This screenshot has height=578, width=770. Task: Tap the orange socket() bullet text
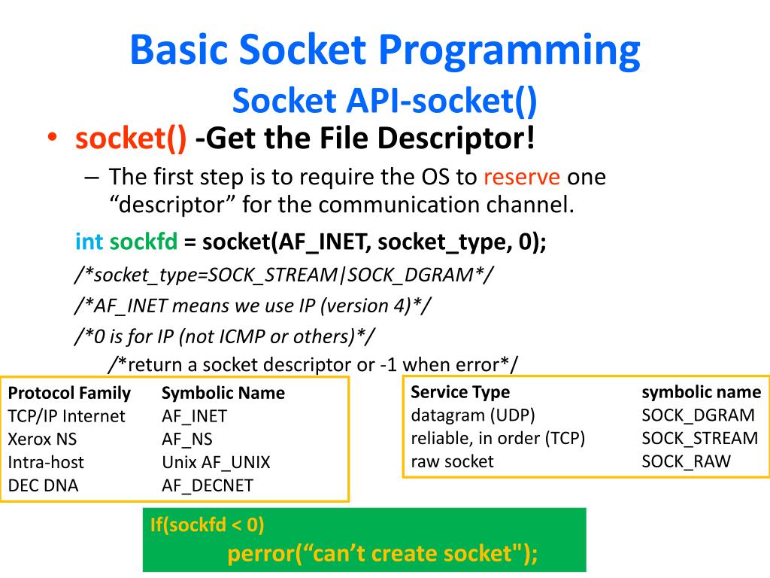pos(131,138)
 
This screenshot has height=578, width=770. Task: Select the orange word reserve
pos(521,178)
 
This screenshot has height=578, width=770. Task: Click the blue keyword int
pos(89,242)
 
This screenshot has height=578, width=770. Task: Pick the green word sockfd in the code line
pos(144,242)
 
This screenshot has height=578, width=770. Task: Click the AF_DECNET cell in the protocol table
pos(208,485)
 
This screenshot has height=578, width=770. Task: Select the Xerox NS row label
pos(42,440)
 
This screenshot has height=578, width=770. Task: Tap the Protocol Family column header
pos(69,393)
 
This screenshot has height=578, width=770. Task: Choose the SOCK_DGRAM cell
pos(698,415)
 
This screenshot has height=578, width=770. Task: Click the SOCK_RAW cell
pos(686,461)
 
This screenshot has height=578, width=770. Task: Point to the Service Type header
pos(460,392)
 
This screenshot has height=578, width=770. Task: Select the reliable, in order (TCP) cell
pos(498,438)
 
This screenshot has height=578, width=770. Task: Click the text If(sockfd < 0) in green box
pos(207,525)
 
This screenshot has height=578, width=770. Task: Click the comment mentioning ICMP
pos(226,336)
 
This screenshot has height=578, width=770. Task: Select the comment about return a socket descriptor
pos(313,365)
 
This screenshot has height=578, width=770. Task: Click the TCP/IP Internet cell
pos(67,416)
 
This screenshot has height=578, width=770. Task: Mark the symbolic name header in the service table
pos(701,392)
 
